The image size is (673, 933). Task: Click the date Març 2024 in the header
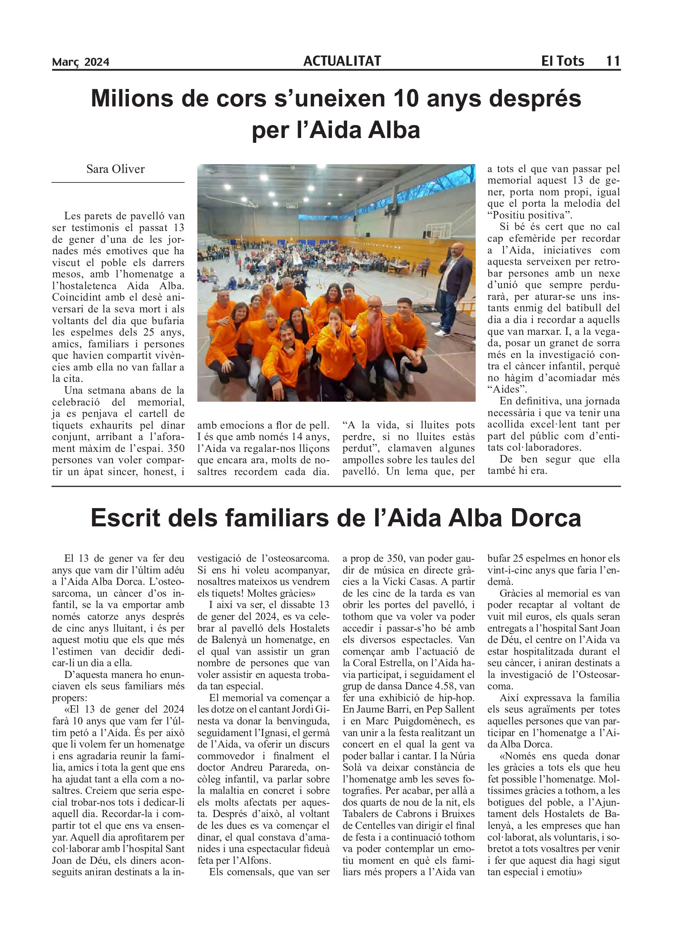(x=81, y=62)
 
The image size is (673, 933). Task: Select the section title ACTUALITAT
(x=342, y=61)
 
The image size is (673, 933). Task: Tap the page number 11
(x=613, y=61)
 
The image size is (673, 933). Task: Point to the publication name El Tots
(x=562, y=61)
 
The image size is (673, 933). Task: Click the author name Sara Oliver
(x=115, y=169)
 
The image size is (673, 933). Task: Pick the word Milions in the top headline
(x=132, y=99)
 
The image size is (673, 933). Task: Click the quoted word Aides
(x=507, y=389)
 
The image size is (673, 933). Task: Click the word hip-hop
(x=457, y=698)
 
